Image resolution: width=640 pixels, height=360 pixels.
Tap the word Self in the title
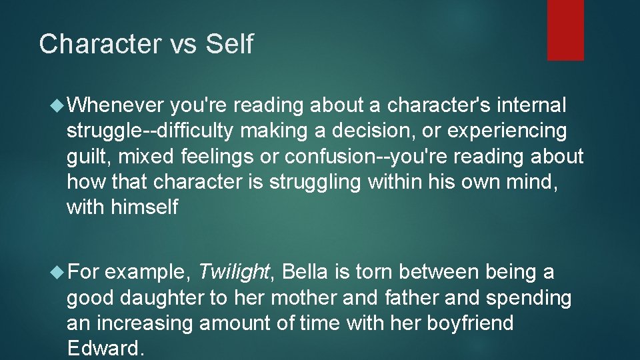[229, 45]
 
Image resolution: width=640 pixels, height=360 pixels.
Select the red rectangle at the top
[565, 30]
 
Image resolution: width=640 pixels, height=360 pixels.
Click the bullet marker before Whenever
[58, 105]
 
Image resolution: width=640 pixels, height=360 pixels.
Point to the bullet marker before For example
[58, 272]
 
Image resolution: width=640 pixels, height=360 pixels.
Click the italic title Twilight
[234, 272]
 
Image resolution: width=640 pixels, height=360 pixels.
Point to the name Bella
[303, 272]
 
